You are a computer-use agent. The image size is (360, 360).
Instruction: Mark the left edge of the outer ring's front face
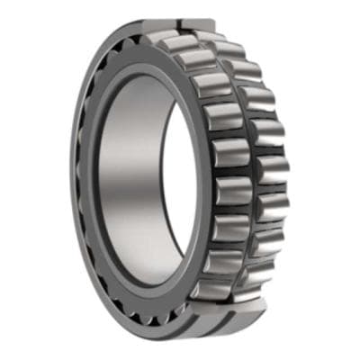(x=75, y=180)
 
